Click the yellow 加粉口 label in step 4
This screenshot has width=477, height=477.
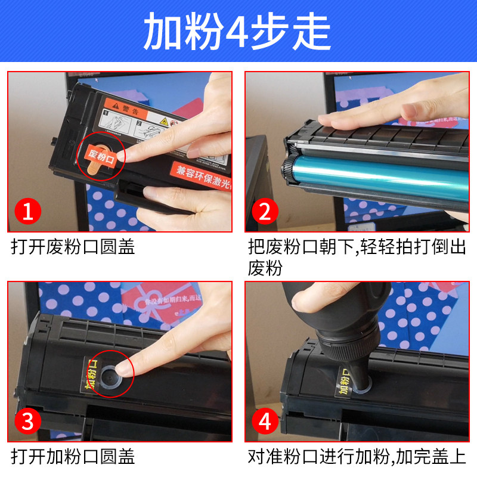click(x=344, y=382)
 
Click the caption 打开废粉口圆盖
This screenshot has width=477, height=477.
click(x=73, y=247)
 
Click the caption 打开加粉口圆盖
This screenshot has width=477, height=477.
click(x=73, y=457)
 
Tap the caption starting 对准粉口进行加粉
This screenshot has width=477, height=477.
click(x=357, y=457)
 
